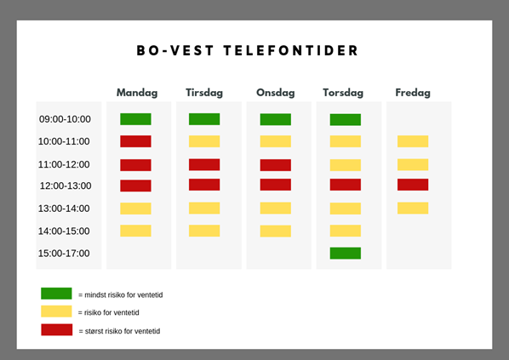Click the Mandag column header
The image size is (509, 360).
click(137, 93)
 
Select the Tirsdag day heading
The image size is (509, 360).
click(204, 93)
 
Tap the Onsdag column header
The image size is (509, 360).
click(276, 93)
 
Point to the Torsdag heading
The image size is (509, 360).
click(343, 93)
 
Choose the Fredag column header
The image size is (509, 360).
click(413, 93)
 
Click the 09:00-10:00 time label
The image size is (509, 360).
click(65, 119)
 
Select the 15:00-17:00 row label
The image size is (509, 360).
click(64, 254)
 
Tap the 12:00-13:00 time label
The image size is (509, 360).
click(66, 186)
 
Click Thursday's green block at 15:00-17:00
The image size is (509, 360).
click(346, 254)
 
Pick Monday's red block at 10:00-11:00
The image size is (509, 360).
click(135, 141)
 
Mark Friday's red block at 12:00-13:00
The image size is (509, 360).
click(413, 185)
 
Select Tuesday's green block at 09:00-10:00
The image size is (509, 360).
click(204, 119)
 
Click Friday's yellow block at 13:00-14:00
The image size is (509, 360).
click(413, 208)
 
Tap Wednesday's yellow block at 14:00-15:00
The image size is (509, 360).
click(276, 231)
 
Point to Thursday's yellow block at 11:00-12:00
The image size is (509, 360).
click(346, 165)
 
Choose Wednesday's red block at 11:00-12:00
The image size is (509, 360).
click(276, 165)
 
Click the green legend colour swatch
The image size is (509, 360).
click(56, 294)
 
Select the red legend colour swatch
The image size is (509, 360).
click(57, 329)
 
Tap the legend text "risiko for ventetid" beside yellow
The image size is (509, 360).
click(112, 312)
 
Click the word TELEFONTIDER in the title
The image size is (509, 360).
click(291, 51)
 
